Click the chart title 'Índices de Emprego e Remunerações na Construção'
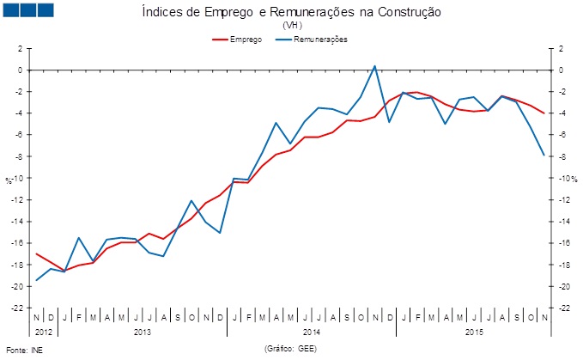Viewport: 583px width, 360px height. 291,12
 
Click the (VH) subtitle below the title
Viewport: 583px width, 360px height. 292,26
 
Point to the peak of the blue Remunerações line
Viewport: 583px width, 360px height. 374,65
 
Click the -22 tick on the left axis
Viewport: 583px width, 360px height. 17,308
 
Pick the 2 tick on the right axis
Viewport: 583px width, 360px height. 560,49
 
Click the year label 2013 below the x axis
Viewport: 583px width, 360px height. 143,331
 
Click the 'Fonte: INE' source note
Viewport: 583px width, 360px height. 23,351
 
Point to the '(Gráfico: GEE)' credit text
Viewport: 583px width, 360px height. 291,350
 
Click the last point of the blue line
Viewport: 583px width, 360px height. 543,156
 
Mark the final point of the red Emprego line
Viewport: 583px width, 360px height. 543,113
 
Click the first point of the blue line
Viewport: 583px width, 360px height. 36,280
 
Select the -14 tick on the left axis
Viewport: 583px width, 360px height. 17,222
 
